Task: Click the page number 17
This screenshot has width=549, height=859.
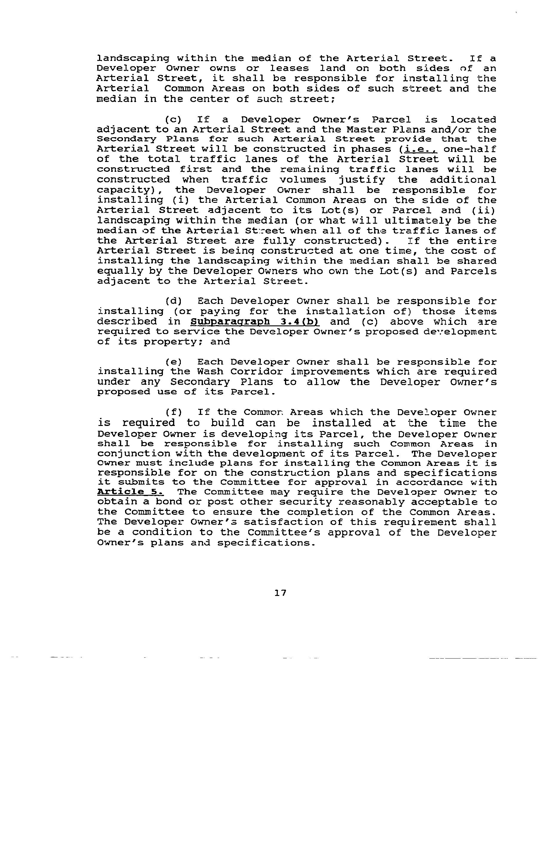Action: click(280, 593)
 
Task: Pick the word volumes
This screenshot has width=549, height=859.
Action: click(303, 180)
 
